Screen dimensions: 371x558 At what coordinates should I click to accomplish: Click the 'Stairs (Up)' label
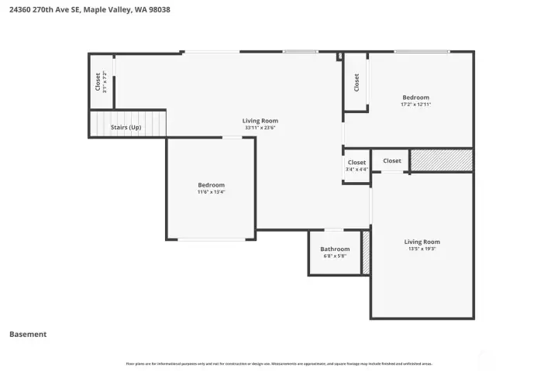126,127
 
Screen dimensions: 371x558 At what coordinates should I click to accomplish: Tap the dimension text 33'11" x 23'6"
260,129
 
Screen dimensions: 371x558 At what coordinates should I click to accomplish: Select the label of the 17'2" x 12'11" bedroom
415,97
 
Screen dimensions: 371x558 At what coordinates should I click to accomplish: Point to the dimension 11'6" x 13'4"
211,192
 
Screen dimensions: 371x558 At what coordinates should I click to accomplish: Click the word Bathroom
335,249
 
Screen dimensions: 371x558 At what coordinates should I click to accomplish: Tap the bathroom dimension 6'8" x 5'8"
335,256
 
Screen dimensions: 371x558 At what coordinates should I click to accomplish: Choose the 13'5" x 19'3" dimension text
422,249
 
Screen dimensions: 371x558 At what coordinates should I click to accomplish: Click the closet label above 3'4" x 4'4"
356,162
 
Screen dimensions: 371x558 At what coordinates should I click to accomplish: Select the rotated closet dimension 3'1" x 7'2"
105,81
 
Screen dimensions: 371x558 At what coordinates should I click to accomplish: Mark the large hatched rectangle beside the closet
441,160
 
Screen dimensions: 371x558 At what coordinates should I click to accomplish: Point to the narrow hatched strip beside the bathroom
366,252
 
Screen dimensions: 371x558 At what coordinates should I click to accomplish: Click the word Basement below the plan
28,335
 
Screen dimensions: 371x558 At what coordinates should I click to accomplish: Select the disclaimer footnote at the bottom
279,362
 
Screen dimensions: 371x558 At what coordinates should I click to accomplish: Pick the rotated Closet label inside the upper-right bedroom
356,82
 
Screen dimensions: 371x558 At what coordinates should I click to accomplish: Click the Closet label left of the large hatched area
392,160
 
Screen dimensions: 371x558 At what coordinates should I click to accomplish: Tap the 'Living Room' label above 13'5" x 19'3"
422,242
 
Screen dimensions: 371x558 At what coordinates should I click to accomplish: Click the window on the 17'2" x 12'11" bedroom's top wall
421,52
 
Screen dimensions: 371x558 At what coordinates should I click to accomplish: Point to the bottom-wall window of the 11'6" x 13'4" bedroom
211,239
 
